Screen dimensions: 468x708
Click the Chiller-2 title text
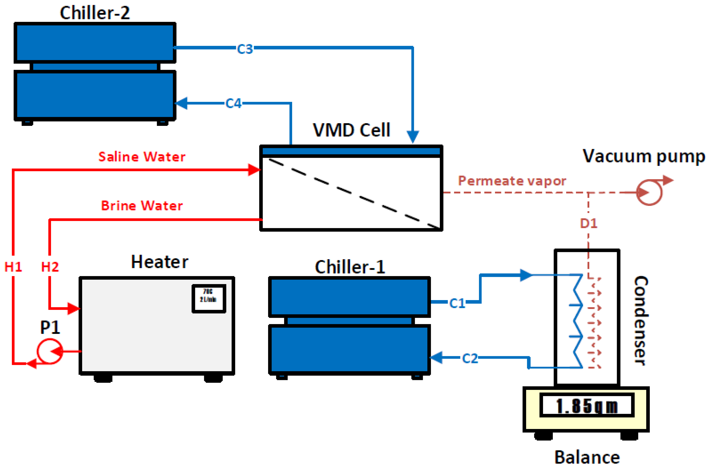pos(95,13)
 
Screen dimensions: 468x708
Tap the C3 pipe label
pos(245,49)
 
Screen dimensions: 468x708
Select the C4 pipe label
pos(233,104)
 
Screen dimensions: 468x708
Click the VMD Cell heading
pos(351,130)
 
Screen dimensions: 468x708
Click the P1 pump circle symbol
pos(50,351)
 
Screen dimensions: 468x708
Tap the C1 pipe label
pos(457,304)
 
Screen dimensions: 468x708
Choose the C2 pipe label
pos(470,358)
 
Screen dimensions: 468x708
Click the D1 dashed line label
pos(588,223)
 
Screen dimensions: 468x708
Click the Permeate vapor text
pos(512,181)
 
